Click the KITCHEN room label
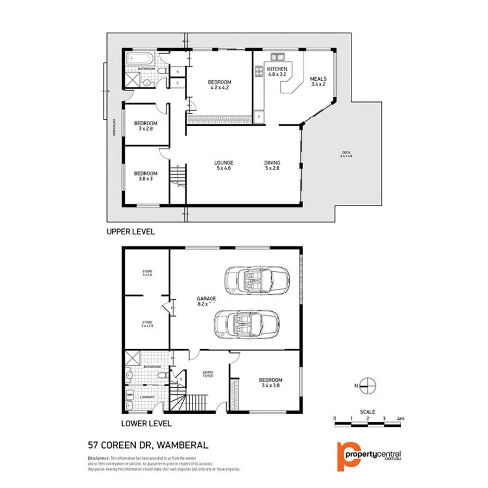277,69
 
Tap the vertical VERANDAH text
114,129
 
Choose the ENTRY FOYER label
208,373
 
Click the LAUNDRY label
147,397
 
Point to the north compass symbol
367,386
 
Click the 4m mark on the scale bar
400,419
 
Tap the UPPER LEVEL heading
131,232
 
